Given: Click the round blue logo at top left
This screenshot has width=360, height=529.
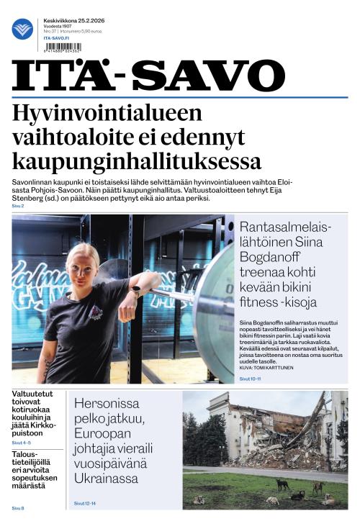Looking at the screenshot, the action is pyautogui.click(x=22, y=30).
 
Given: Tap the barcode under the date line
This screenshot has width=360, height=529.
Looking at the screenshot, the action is pyautogui.click(x=63, y=48).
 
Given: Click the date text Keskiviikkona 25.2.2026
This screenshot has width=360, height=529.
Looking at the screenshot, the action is pyautogui.click(x=73, y=20).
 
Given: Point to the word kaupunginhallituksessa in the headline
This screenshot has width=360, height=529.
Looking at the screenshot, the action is pyautogui.click(x=137, y=160).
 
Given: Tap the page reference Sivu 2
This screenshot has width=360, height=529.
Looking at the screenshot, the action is pyautogui.click(x=18, y=207).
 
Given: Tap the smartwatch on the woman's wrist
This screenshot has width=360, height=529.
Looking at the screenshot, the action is pyautogui.click(x=135, y=291).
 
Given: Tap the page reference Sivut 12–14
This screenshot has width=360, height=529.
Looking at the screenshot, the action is pyautogui.click(x=88, y=503).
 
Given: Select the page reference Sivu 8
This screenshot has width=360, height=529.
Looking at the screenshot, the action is pyautogui.click(x=18, y=509).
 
